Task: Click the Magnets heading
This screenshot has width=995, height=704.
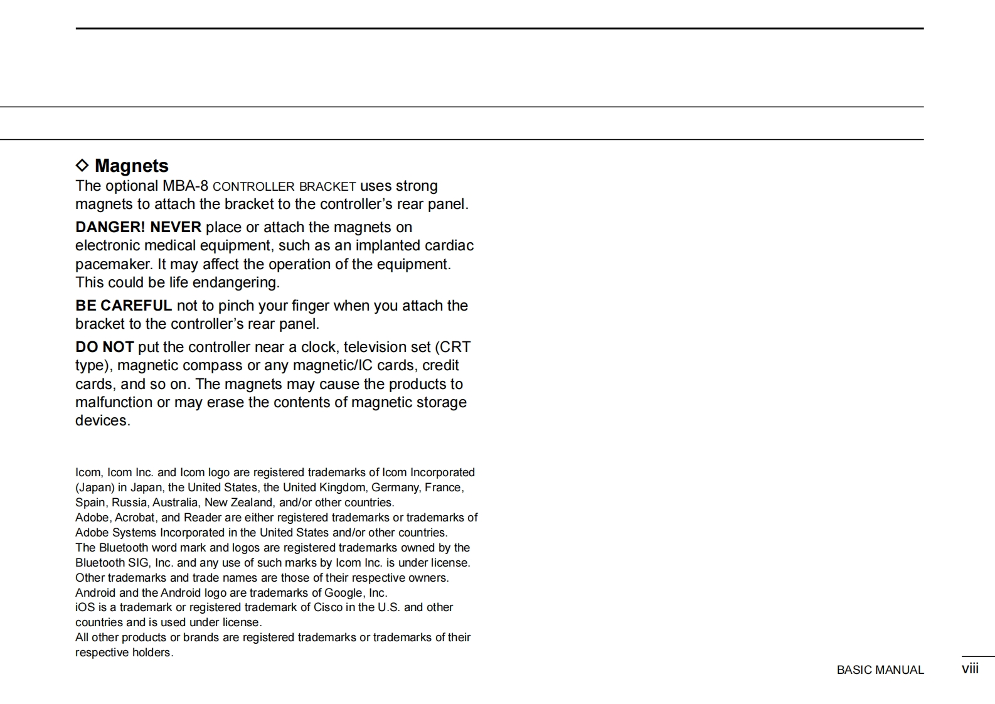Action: tap(131, 166)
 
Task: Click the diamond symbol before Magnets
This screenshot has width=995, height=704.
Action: tap(82, 165)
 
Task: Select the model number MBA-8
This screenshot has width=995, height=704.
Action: tap(185, 186)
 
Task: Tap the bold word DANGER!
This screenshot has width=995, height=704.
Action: tap(110, 227)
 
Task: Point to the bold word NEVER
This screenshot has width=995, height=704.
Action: tap(176, 227)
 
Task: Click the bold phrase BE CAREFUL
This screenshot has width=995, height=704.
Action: tap(124, 306)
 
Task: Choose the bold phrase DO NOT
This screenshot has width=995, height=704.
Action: tap(104, 347)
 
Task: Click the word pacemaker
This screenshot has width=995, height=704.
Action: tap(113, 264)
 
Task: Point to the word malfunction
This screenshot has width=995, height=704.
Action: tap(114, 402)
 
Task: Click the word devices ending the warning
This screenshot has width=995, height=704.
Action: tap(102, 420)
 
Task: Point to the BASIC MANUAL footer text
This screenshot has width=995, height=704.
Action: tap(880, 670)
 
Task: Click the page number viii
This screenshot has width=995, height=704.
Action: tap(970, 669)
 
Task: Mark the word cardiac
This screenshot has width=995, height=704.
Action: tap(449, 245)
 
